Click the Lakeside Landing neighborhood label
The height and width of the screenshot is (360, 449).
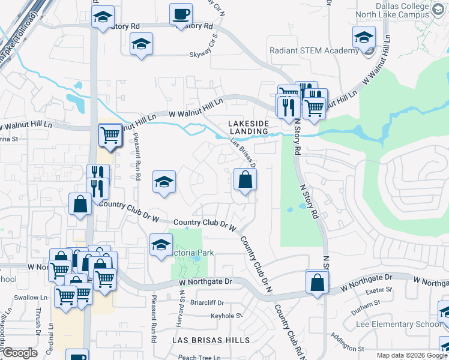248,127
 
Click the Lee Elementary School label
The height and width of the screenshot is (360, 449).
406,325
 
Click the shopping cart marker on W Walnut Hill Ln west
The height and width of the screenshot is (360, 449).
110,134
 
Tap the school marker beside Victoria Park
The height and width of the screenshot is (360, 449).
160,245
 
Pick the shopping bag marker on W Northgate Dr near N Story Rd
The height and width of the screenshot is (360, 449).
318,281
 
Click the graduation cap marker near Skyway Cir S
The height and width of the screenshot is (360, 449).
142,44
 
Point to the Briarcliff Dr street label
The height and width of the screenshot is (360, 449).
206,303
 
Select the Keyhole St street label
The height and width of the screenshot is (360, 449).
226,315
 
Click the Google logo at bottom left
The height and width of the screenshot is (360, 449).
19,353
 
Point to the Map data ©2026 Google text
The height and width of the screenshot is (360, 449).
412,355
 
